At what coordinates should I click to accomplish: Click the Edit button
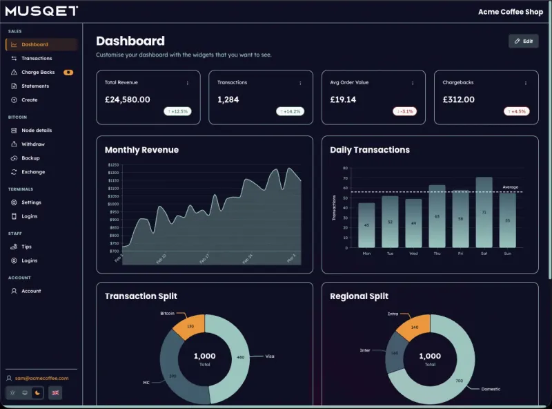pos(523,41)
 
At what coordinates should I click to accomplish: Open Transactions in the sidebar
pos(37,58)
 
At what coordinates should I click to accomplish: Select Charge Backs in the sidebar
pos(38,72)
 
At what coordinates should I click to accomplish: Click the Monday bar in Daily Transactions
pos(366,225)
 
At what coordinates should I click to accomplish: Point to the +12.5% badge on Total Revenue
pos(177,111)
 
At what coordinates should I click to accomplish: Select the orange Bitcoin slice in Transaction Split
pos(189,326)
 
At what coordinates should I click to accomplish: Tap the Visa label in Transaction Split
pos(270,356)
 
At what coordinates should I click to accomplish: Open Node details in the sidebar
pos(37,130)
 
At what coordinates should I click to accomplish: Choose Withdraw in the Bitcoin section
pos(33,144)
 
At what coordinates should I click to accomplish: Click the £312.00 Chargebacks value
pos(459,99)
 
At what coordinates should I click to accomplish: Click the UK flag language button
pos(56,392)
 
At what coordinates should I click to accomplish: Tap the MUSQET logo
pos(41,11)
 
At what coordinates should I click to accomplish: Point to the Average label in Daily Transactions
pos(511,187)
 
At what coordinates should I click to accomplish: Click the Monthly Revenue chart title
pos(141,150)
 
